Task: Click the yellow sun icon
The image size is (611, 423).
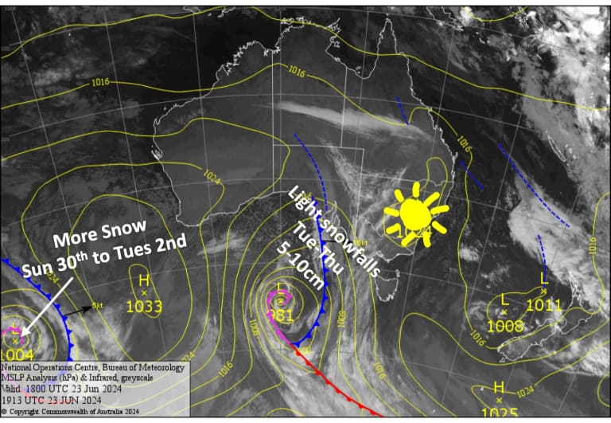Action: click(x=414, y=213)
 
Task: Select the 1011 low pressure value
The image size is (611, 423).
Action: click(x=544, y=304)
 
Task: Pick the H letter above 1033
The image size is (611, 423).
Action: click(x=144, y=280)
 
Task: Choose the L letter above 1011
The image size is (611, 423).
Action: click(x=544, y=278)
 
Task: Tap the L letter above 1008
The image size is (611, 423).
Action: click(x=504, y=299)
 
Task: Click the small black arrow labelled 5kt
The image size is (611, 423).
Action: click(x=76, y=311)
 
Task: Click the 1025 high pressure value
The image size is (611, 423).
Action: click(x=499, y=413)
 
